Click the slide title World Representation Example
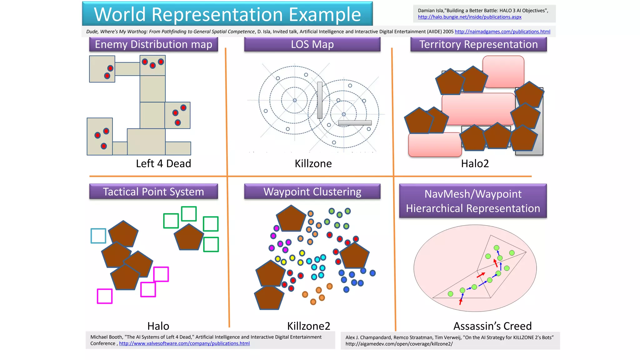[x=227, y=14]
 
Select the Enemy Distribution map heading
[x=153, y=44]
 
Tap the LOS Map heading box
[x=312, y=44]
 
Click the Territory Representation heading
[x=478, y=44]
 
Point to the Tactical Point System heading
[x=153, y=192]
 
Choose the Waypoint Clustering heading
[x=312, y=192]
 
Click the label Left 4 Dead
[x=163, y=163]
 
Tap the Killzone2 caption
[x=308, y=326]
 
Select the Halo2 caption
[x=475, y=163]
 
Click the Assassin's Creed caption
[x=492, y=326]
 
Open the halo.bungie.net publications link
[x=469, y=17]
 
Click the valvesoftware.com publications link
[x=184, y=343]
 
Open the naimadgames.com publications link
[x=502, y=32]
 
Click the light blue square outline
[x=98, y=236]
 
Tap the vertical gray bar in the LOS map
[x=320, y=100]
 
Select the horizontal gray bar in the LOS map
[x=355, y=123]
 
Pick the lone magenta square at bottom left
[x=105, y=296]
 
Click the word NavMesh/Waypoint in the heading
[x=473, y=194]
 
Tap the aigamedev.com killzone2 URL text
[x=399, y=344]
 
